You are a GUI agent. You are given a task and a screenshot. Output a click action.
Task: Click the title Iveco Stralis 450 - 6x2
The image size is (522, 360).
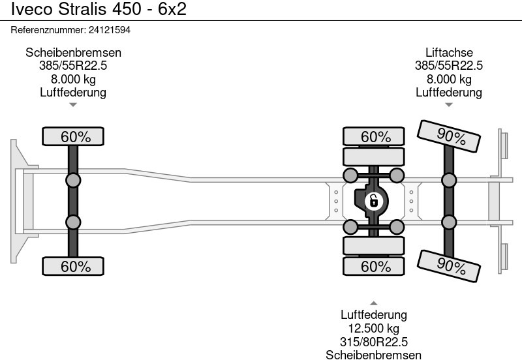(93, 10)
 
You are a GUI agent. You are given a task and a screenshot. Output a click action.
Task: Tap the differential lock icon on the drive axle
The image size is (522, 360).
(373, 200)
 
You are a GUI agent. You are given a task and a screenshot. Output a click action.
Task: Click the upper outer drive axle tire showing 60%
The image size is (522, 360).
(376, 137)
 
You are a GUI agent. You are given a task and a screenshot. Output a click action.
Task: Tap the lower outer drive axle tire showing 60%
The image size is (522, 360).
(376, 266)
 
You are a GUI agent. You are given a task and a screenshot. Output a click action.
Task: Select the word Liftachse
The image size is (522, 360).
(449, 53)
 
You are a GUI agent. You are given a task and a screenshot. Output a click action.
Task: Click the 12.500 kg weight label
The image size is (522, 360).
(374, 329)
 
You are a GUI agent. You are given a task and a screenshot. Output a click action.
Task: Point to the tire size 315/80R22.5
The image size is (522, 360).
(374, 342)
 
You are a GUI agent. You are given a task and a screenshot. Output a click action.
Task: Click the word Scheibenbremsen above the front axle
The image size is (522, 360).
(74, 53)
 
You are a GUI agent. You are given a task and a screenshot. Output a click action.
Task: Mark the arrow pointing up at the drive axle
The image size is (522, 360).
(374, 303)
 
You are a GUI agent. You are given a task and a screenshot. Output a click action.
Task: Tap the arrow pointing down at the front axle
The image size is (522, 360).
(74, 105)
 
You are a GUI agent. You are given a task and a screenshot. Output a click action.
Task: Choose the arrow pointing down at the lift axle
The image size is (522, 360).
(449, 105)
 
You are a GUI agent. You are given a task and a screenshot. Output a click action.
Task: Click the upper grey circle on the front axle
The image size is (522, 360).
(74, 180)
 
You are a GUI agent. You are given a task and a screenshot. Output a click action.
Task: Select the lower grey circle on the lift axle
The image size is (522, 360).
(449, 222)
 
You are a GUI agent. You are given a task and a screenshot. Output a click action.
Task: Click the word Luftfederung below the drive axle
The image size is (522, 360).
(374, 316)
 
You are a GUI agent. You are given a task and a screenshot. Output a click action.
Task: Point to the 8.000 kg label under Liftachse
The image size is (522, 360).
(449, 79)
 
